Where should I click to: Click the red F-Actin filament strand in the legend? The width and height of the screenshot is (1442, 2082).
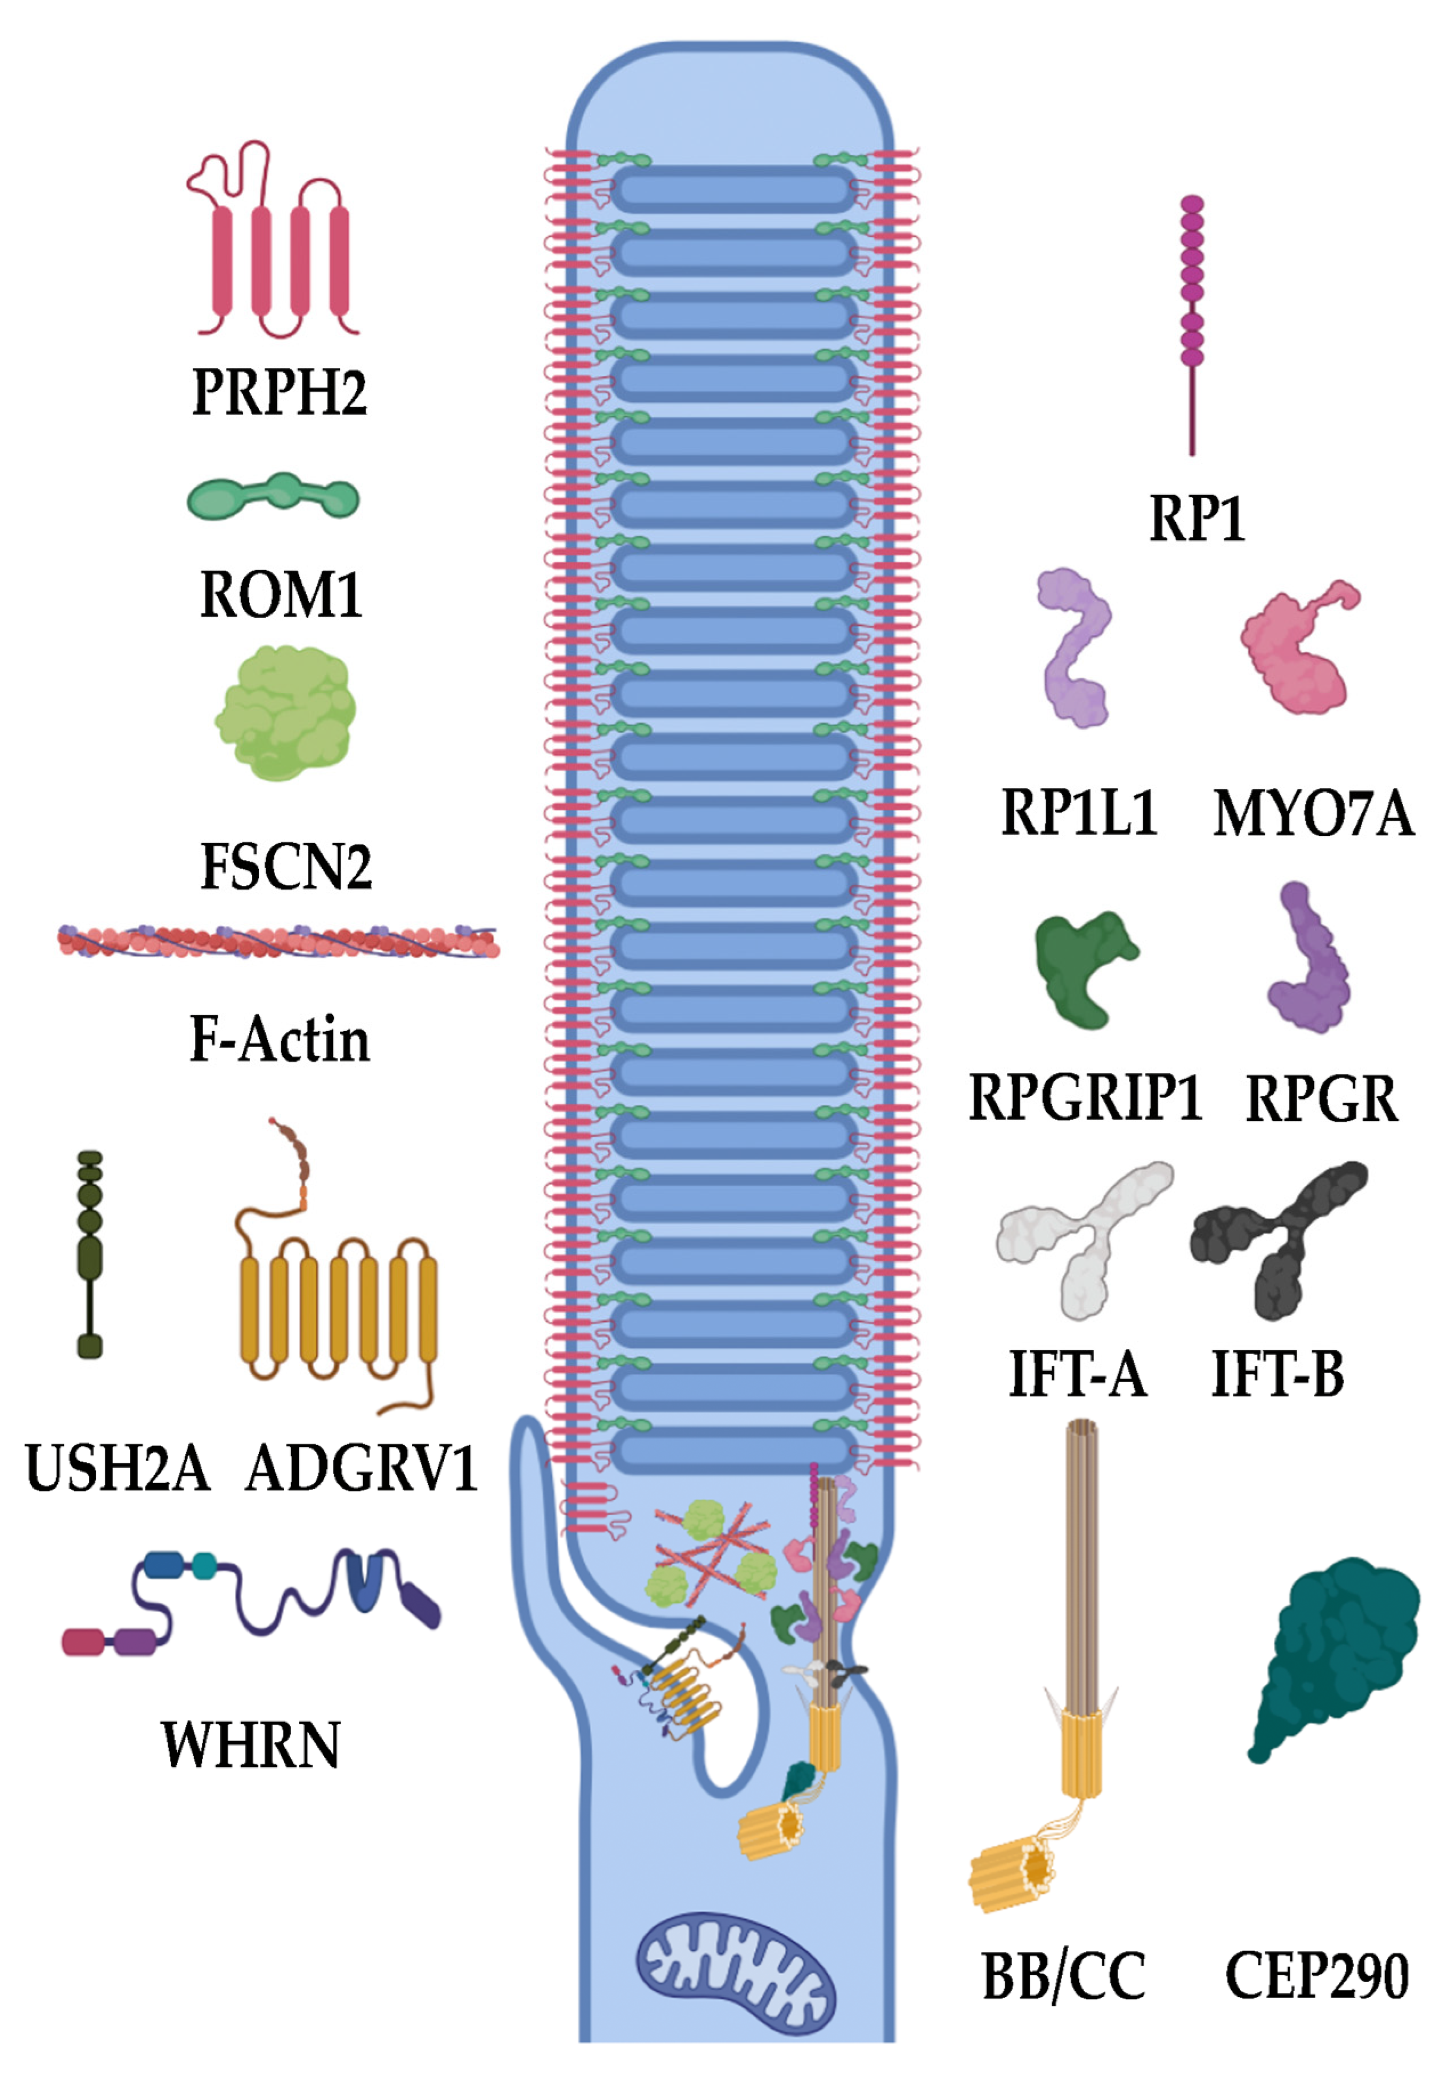pyautogui.click(x=278, y=942)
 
